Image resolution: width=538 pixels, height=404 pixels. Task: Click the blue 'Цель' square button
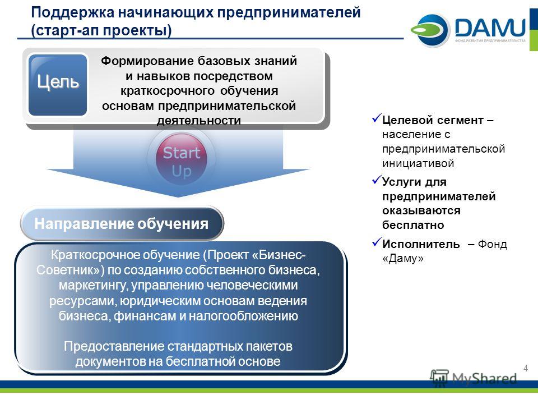(58, 85)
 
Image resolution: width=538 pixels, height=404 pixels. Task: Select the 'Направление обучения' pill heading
(122, 224)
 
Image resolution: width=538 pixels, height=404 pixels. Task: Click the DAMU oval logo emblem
(430, 30)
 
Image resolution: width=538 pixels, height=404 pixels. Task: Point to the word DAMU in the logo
(490, 27)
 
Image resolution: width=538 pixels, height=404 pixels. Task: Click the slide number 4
(526, 368)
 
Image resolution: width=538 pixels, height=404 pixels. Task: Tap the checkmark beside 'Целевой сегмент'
(377, 118)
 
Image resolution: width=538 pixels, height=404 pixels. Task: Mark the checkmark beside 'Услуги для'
(377, 180)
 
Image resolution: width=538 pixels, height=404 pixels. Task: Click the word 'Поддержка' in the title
(72, 13)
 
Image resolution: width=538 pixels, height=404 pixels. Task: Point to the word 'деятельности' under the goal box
(198, 121)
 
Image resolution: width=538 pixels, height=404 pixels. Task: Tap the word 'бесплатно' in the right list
(413, 225)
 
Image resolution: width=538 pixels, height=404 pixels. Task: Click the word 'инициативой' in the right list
(418, 163)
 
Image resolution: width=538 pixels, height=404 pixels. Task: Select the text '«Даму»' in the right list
(403, 258)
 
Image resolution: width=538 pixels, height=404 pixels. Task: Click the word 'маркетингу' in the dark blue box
(94, 286)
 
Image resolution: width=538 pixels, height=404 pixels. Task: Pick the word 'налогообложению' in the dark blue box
(243, 316)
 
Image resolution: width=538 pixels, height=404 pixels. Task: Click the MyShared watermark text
(484, 379)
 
